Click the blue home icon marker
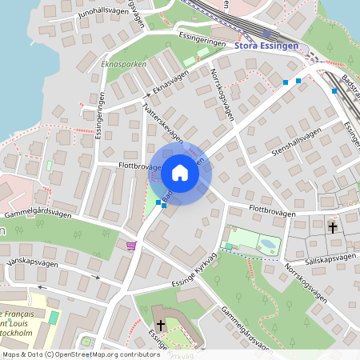pos(180,172)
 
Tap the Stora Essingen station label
pos(266,46)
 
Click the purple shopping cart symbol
pos(130,245)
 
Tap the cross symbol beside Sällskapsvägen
pos(333,228)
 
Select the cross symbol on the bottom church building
pos(160,325)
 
